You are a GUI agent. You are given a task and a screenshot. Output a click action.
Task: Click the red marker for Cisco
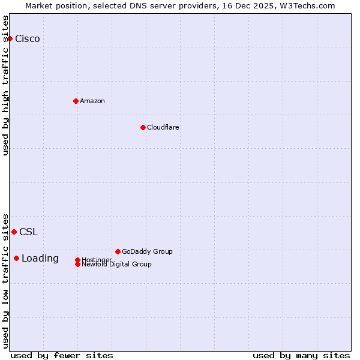click(10, 38)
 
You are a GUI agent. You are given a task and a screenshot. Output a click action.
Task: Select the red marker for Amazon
click(76, 101)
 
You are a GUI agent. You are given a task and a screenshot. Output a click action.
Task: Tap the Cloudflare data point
click(143, 127)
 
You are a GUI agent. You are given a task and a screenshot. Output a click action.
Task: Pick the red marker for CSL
click(14, 232)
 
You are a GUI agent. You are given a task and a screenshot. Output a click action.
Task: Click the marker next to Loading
click(16, 258)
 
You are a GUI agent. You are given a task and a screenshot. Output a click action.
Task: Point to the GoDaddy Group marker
click(118, 251)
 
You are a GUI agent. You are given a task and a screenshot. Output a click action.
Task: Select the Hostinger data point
click(77, 260)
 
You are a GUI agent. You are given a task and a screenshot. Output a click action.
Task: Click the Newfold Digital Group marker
click(77, 264)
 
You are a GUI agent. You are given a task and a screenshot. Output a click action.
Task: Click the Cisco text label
click(28, 38)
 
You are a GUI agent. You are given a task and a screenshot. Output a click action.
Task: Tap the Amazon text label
click(92, 101)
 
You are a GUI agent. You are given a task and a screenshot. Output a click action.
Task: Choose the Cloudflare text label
click(163, 127)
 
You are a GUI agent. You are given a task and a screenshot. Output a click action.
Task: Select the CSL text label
click(28, 232)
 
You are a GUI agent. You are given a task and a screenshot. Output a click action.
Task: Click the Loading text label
click(40, 258)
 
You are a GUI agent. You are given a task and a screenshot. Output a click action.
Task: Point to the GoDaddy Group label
click(147, 251)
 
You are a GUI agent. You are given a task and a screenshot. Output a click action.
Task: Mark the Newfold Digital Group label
click(117, 264)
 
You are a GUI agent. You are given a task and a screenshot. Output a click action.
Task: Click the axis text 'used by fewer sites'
click(62, 355)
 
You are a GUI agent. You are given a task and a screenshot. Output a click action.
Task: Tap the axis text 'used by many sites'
click(301, 355)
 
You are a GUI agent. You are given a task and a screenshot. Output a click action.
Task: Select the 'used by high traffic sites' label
click(5, 85)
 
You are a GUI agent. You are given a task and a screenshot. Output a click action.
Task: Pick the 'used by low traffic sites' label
click(5, 280)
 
